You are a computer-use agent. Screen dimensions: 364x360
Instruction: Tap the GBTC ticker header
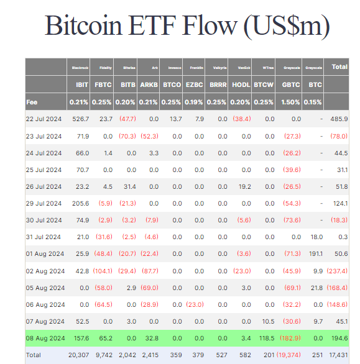[290, 84]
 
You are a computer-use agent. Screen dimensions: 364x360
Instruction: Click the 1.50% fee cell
[290, 102]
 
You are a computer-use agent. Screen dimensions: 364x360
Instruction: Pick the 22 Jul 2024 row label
[44, 119]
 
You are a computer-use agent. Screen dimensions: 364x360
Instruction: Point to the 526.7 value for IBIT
[81, 119]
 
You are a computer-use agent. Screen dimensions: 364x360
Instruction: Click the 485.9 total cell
[339, 119]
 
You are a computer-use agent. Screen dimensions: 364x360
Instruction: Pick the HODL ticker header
[241, 84]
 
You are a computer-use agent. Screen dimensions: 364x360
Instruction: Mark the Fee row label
[33, 102]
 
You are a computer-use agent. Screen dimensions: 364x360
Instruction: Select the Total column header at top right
[339, 66]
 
